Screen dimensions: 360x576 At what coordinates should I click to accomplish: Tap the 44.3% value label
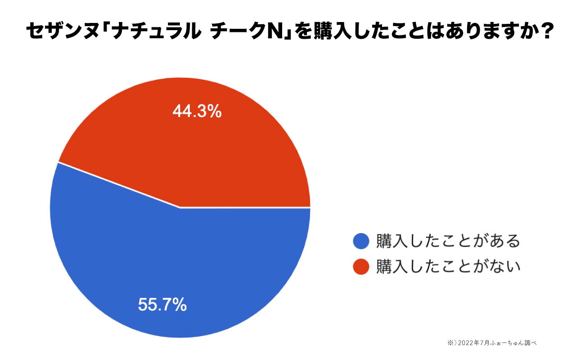[197, 111]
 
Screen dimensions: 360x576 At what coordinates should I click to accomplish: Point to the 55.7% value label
[162, 305]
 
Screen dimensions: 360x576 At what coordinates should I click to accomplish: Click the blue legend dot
[361, 241]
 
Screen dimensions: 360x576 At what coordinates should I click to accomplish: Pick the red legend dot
[361, 266]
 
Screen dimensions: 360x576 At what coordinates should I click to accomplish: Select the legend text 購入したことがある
[448, 241]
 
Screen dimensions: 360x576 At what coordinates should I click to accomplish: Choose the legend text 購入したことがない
[448, 266]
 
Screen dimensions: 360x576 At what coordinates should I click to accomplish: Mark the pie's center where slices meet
[180, 207]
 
